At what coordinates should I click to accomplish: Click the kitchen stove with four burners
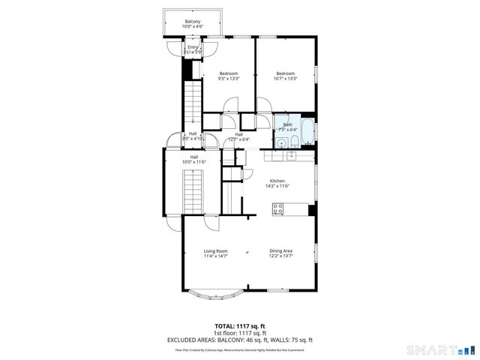[278, 208]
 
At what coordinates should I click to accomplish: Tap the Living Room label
[216, 253]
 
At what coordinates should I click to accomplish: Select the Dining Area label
[281, 253]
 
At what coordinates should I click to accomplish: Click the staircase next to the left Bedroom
[193, 105]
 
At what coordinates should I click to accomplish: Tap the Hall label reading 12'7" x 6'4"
[238, 136]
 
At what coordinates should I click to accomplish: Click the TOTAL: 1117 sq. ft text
[239, 325]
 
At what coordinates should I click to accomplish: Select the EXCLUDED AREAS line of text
[239, 340]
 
